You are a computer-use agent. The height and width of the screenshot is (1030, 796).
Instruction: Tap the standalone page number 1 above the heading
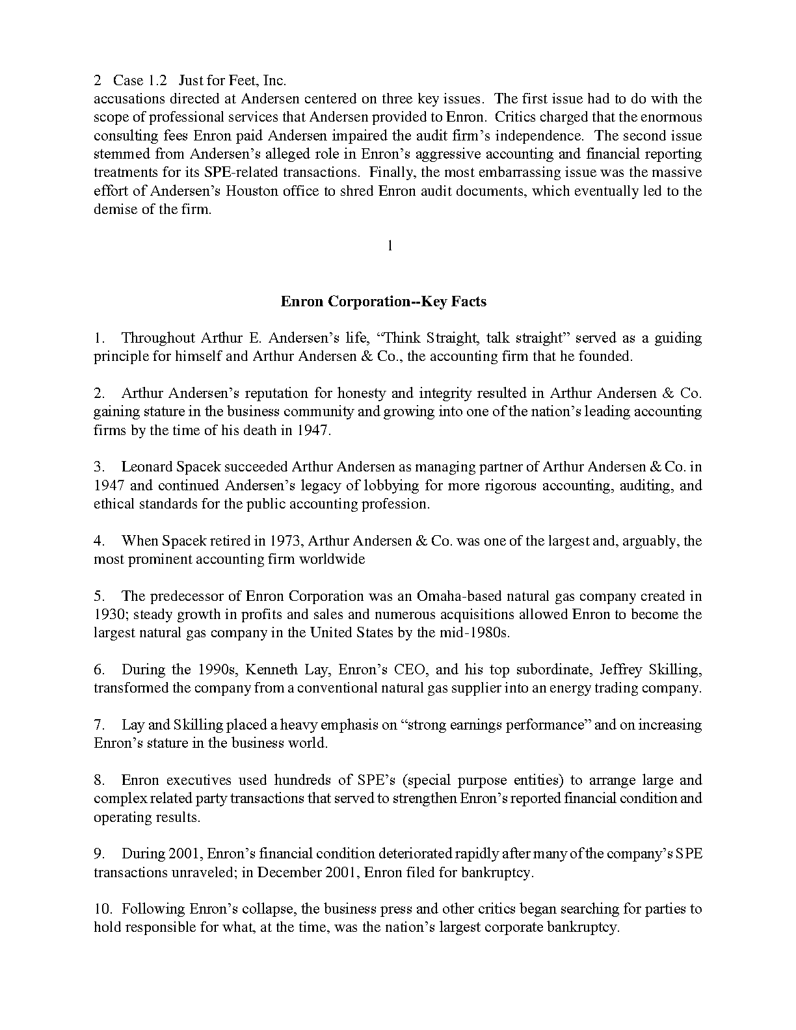390,246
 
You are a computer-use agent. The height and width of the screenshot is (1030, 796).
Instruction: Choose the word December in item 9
287,873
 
